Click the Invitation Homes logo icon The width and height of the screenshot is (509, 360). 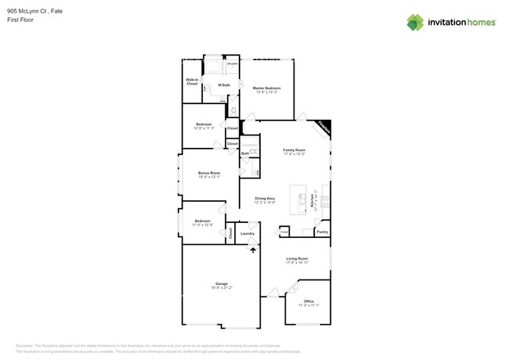[x=415, y=22]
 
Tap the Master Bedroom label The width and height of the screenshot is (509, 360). [x=266, y=88]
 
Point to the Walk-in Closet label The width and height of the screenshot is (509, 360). [x=192, y=81]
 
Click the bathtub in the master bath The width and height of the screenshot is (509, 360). [x=212, y=67]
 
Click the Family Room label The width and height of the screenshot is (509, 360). [x=294, y=149]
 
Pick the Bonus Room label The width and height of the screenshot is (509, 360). [x=209, y=173]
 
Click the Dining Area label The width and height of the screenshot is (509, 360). [x=265, y=198]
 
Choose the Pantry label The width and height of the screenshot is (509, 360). [x=322, y=232]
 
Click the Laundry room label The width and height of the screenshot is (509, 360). [x=247, y=233]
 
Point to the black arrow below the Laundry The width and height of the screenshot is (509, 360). [x=252, y=250]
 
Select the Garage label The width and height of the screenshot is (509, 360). [x=222, y=283]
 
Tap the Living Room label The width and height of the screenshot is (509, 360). [x=297, y=258]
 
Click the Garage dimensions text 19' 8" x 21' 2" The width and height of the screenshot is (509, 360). [x=222, y=288]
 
